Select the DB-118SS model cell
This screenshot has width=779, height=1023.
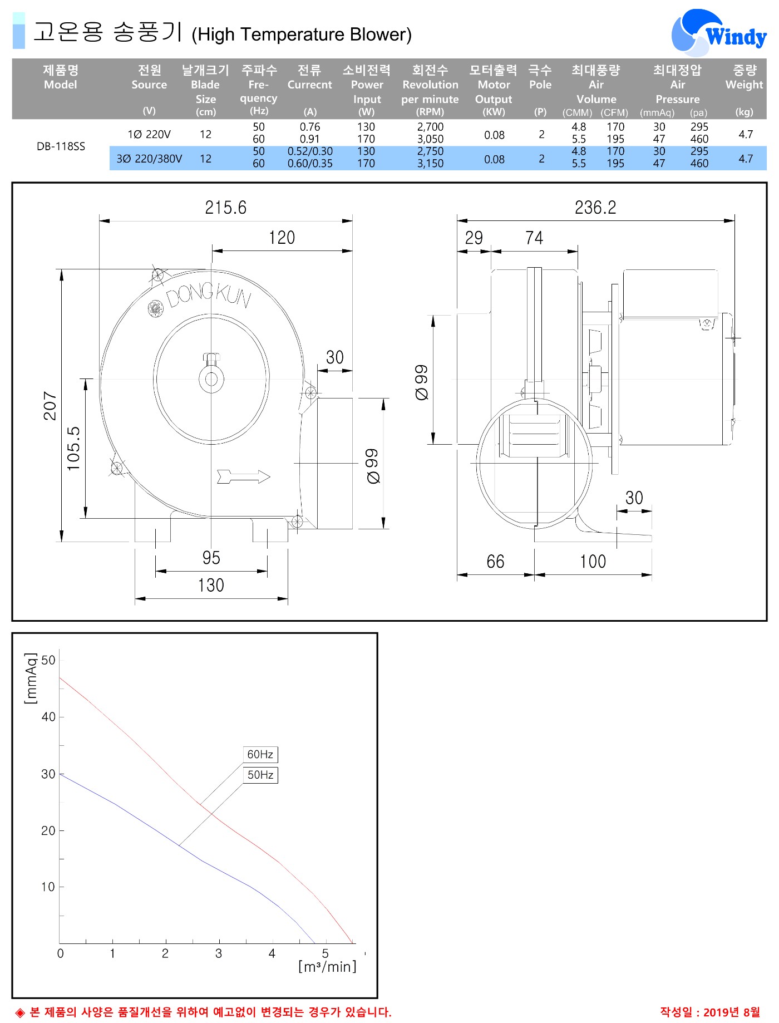[61, 146]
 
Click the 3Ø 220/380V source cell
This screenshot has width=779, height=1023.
[149, 159]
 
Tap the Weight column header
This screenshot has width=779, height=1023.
[745, 77]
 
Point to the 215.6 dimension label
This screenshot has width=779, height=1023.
[225, 208]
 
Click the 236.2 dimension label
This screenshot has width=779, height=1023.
[595, 208]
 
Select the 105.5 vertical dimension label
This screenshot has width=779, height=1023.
[73, 449]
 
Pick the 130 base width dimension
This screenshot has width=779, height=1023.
[211, 585]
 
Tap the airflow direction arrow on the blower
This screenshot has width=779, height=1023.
[244, 476]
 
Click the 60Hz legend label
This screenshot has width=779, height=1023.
[260, 754]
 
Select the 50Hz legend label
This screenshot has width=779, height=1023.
[260, 775]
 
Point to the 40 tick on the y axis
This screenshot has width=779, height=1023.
[48, 717]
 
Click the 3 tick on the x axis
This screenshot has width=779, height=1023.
[219, 953]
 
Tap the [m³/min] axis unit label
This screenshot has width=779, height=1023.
[327, 966]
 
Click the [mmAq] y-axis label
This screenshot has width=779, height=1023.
[31, 678]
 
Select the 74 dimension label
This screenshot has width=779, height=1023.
[534, 238]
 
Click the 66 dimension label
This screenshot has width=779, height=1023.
[495, 562]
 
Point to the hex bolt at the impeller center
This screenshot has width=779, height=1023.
[211, 358]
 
